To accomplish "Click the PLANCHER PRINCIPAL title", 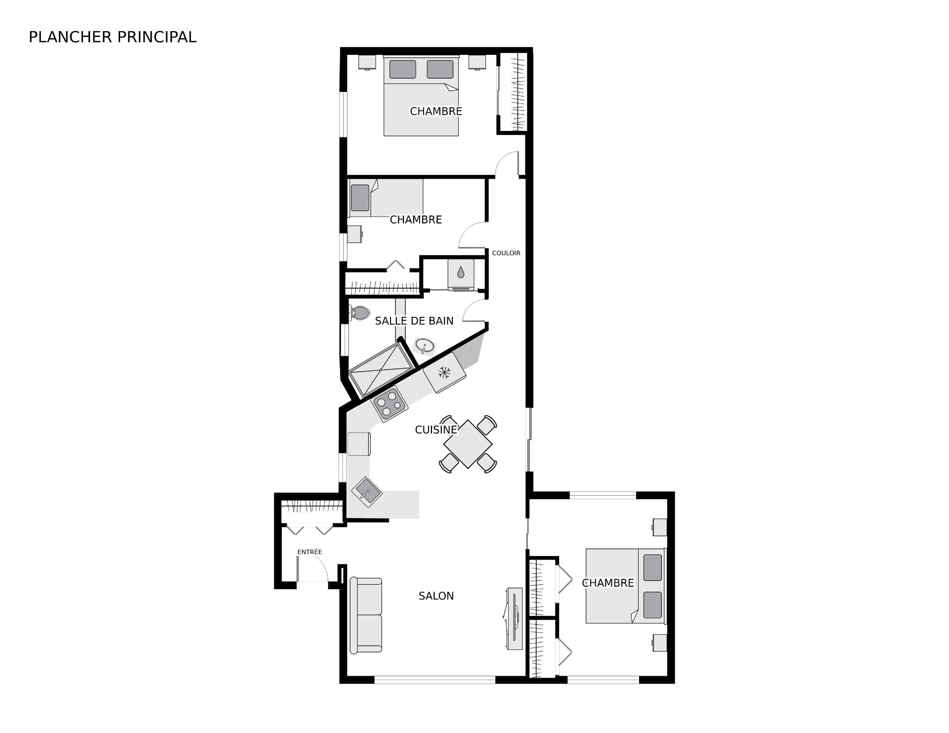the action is pos(113,37).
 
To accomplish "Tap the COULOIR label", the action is pos(506,253).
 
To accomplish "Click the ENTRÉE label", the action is pos(309,552).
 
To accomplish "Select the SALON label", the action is pos(436,596).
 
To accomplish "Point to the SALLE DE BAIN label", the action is pos(414,321).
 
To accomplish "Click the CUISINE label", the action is pos(436,430).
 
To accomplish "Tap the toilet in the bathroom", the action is pos(359,312).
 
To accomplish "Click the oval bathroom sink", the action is pos(425,345).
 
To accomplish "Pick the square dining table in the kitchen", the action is pos(468,443).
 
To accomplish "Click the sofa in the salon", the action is pos(366,615).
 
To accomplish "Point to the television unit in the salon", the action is pos(514,619).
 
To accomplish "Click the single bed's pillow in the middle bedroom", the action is pos(360,198).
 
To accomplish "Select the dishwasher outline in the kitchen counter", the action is pos(359,443).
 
